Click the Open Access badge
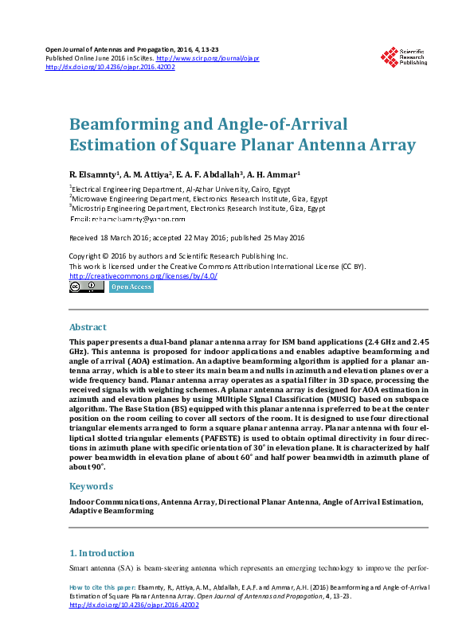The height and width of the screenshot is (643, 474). point(131,287)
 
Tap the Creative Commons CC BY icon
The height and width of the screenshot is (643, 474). point(86,287)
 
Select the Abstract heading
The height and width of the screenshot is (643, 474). point(88,327)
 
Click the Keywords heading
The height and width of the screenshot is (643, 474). point(91,485)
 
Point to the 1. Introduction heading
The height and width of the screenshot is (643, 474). point(102,553)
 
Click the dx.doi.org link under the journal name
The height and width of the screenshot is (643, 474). point(111,67)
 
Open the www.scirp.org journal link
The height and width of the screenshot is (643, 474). point(207,58)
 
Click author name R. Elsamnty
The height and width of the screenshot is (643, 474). point(94,173)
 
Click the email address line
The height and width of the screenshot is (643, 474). point(127,218)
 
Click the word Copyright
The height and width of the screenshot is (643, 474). point(86,256)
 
